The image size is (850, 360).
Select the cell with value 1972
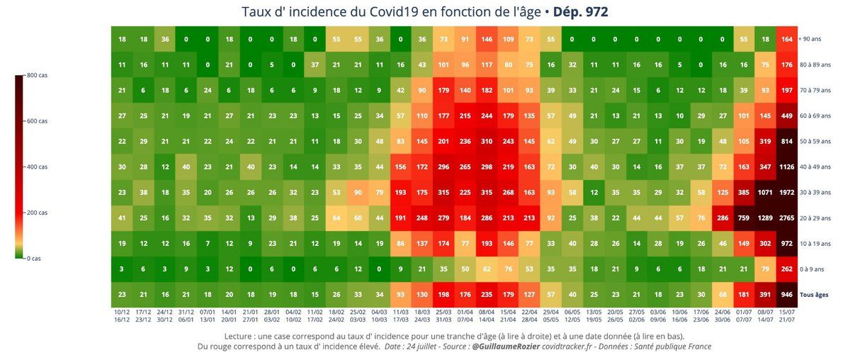[786, 193]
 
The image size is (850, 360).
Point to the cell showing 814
[786, 142]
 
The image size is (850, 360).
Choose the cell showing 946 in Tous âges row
[786, 294]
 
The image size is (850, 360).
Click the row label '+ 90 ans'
[810, 39]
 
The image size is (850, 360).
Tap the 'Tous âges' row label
[815, 294]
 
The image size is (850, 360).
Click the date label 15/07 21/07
[786, 315]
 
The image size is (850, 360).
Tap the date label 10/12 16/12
[122, 315]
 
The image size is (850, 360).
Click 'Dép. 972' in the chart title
[580, 12]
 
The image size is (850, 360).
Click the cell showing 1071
[765, 193]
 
